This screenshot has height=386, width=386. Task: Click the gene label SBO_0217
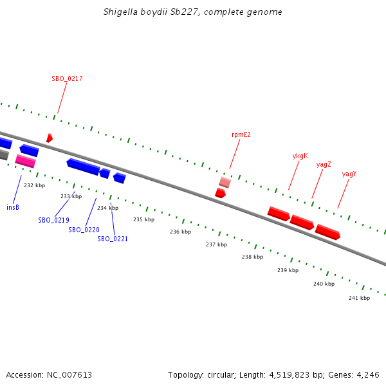click(67, 78)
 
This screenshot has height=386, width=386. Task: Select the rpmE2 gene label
click(241, 135)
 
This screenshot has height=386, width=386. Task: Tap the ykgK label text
click(300, 156)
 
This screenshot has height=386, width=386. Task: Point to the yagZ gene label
click(324, 165)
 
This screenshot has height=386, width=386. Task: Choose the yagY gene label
click(349, 174)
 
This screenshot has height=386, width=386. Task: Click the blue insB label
click(13, 207)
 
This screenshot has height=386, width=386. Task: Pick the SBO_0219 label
click(53, 220)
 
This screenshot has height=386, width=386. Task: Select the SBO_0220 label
click(84, 230)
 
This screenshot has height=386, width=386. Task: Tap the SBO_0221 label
click(113, 239)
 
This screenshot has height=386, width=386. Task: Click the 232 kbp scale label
click(34, 185)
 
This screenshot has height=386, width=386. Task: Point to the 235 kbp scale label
click(143, 219)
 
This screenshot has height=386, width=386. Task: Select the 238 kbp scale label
click(252, 257)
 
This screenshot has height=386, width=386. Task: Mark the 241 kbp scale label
click(359, 298)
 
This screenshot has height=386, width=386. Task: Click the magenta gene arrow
click(25, 161)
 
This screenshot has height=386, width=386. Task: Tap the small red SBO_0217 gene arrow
click(49, 138)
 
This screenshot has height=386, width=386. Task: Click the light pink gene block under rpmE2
click(225, 182)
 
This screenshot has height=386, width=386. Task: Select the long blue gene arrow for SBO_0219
click(83, 167)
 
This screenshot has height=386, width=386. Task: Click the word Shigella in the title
click(120, 12)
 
